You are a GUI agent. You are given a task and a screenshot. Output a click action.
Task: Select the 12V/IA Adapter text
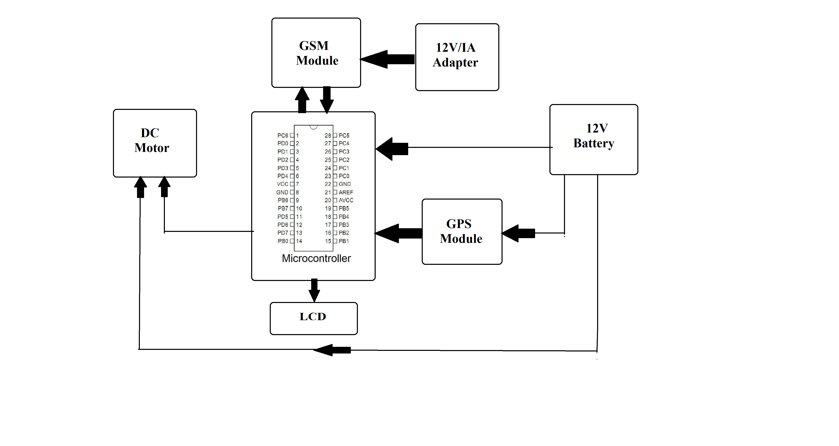pyautogui.click(x=456, y=55)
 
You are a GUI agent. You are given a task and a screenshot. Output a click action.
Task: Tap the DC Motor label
pyautogui.click(x=151, y=140)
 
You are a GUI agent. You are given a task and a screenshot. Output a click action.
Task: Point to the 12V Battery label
pyautogui.click(x=594, y=136)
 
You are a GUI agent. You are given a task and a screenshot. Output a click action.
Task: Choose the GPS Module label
pyautogui.click(x=461, y=231)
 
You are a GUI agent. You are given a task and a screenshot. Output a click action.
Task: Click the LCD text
pyautogui.click(x=313, y=317)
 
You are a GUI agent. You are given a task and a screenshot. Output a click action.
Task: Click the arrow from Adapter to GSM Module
pyautogui.click(x=388, y=59)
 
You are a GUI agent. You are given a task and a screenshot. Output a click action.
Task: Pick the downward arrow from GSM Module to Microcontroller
pyautogui.click(x=327, y=100)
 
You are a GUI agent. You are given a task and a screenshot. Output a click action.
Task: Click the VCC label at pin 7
pyautogui.click(x=282, y=184)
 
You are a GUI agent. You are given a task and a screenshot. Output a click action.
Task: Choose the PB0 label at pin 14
pyautogui.click(x=283, y=241)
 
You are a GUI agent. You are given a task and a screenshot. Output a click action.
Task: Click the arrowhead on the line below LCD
pyautogui.click(x=332, y=350)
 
